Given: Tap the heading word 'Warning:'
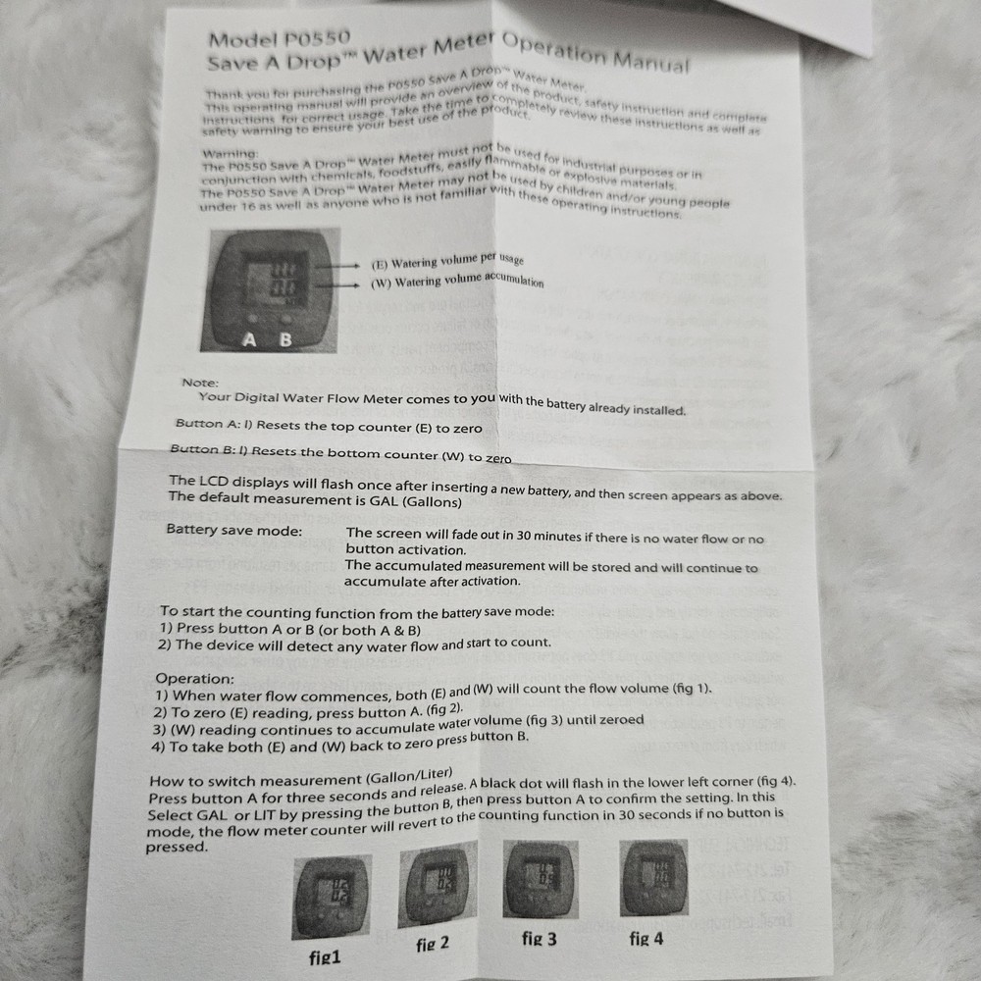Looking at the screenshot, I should (230, 154).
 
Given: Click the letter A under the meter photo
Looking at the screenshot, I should (250, 340).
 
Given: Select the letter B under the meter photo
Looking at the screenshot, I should (285, 340).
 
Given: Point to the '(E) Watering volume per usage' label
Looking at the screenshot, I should (447, 262).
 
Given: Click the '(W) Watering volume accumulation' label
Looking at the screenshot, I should (457, 283).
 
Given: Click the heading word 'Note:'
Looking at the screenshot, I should (200, 383).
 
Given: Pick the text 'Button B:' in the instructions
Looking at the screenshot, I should (201, 449).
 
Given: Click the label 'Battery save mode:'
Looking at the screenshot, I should (234, 530).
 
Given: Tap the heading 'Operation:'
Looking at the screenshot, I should (195, 678).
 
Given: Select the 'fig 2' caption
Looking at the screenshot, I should (433, 944).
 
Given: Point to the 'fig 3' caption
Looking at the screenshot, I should (540, 939).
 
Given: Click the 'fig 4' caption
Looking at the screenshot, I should (645, 939).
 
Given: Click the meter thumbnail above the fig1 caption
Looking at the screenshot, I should (332, 896).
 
